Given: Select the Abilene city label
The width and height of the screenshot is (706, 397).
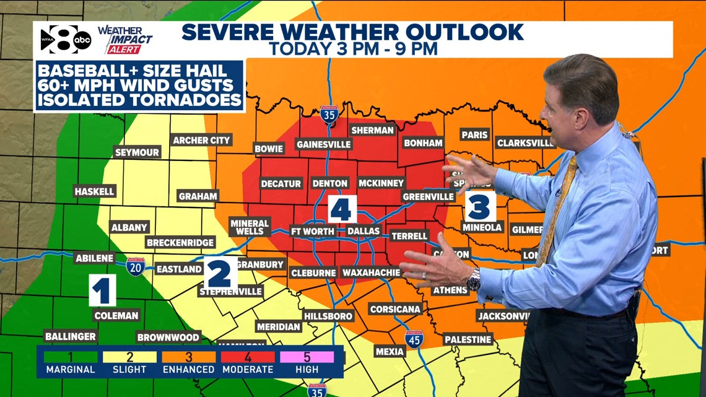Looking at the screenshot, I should (94, 258).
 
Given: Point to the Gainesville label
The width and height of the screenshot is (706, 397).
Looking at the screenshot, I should (324, 144).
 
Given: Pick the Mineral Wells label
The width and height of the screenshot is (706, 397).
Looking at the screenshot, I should (250, 227).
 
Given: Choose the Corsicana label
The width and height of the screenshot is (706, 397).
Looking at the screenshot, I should (395, 309).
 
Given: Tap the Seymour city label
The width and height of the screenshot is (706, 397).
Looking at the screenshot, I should (137, 152).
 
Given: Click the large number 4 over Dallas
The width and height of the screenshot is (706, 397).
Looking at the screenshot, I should (342, 208).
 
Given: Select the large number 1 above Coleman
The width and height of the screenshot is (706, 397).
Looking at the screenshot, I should (102, 290).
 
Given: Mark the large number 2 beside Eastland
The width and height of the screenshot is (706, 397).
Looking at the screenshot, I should (220, 273).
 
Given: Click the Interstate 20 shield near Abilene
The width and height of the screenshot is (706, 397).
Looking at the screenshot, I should (136, 267).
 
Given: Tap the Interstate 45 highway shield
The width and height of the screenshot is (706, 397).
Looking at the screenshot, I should (414, 339).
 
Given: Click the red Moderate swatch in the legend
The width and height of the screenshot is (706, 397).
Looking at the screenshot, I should (248, 357).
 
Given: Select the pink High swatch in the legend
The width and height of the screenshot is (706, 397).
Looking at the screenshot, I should (307, 357).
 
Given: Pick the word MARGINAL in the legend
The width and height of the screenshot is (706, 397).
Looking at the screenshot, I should (70, 369).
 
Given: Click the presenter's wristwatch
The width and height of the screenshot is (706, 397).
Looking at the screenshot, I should (473, 282).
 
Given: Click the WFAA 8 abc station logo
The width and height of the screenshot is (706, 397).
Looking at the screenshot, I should (65, 40).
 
